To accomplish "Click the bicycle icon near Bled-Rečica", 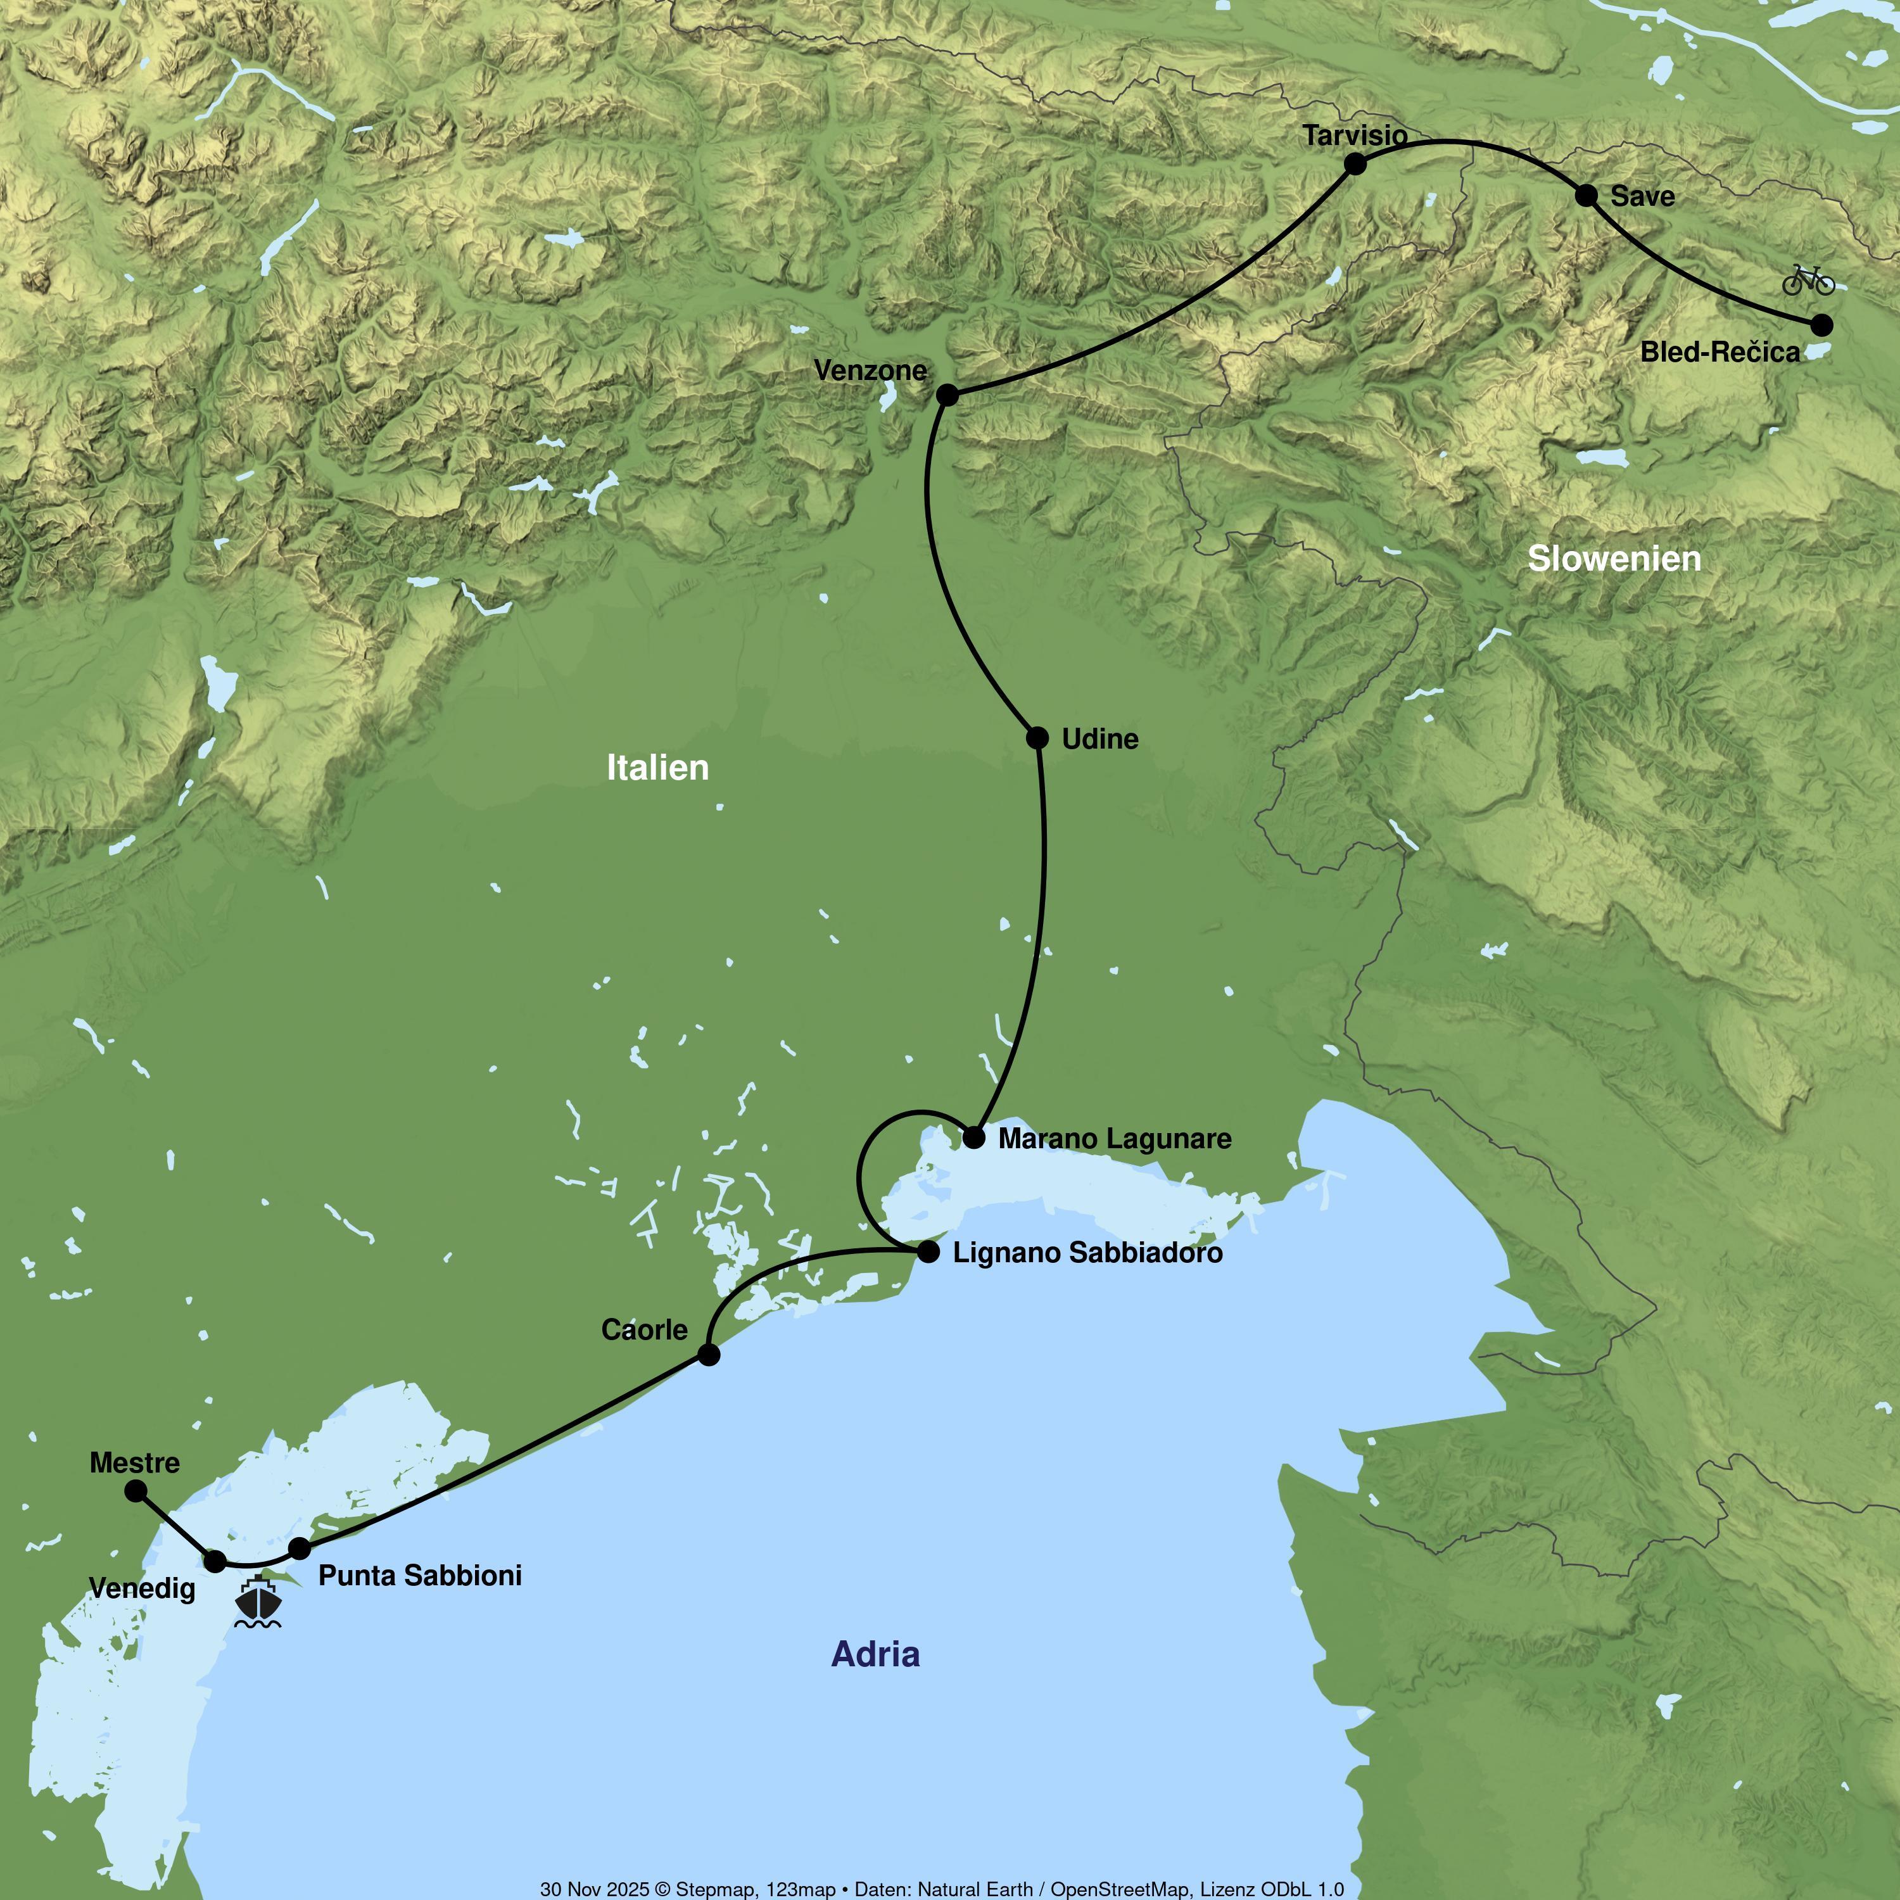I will [1808, 281].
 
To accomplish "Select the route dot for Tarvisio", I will [1354, 163].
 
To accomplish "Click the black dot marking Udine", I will [1037, 738].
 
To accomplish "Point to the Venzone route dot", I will [947, 395].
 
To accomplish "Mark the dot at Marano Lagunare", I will [973, 1138].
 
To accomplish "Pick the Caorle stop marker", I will [708, 1354].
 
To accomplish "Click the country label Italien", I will [657, 768].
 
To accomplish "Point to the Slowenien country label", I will [1614, 559].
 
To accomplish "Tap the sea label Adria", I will [875, 1654].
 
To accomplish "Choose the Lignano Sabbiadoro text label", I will [1087, 1253].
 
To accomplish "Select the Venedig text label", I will [142, 1588].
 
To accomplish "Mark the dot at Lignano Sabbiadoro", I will [927, 1252].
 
